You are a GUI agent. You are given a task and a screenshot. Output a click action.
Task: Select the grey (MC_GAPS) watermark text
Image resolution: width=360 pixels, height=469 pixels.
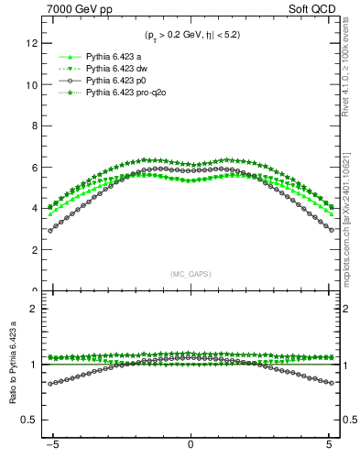191,274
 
